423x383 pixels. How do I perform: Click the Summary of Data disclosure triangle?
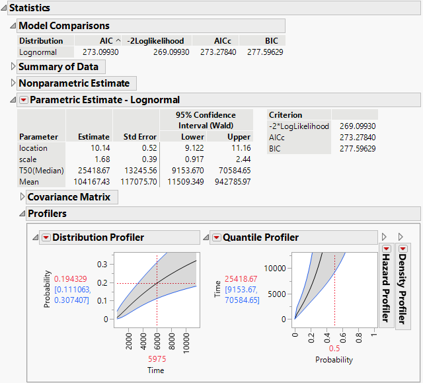[13, 67]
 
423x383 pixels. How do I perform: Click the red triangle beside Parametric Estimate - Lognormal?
[24, 100]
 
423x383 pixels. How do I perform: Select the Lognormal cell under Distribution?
[38, 52]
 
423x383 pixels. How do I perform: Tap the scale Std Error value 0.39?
[147, 159]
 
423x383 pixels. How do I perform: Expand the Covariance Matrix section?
[22, 197]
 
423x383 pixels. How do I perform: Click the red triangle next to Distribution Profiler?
[46, 237]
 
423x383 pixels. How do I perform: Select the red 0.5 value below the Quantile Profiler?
[334, 349]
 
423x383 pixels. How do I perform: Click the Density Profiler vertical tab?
[402, 284]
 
